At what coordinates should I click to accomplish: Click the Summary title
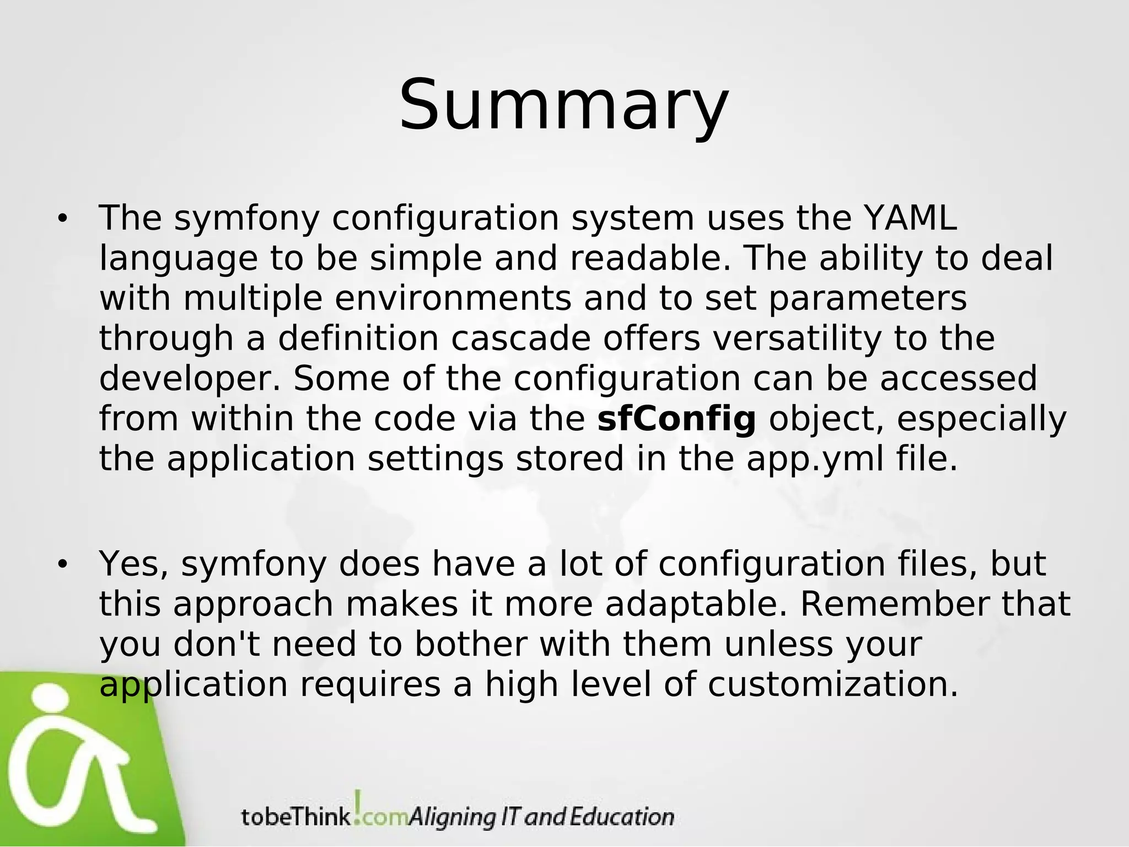[x=564, y=106]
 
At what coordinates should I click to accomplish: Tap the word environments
[x=453, y=298]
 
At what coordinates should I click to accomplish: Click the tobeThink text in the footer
[x=295, y=817]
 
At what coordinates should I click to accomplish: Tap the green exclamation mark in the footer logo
[x=358, y=806]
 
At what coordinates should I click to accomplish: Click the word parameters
[x=868, y=298]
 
